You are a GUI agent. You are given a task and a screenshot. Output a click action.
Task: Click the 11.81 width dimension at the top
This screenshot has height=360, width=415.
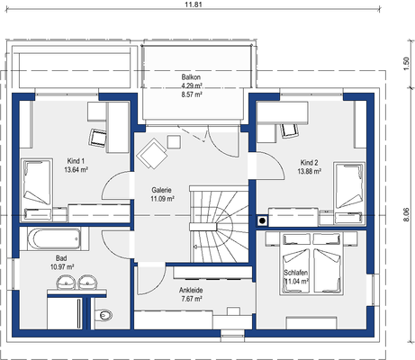(x=194, y=4)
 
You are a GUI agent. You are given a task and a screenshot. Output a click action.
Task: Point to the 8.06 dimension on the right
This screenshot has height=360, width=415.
(x=406, y=214)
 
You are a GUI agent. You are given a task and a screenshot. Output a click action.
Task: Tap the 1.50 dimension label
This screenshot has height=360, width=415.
(x=406, y=64)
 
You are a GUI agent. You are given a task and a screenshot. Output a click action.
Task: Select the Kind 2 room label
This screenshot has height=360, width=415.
(x=309, y=163)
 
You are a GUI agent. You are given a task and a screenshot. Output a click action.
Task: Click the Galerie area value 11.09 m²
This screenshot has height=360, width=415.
(x=162, y=199)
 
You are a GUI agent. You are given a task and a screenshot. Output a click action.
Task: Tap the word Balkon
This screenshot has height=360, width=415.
(x=191, y=77)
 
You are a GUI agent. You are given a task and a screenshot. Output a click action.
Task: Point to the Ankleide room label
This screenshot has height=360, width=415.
(x=191, y=290)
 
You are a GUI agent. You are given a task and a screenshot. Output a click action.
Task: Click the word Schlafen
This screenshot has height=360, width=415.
(x=296, y=273)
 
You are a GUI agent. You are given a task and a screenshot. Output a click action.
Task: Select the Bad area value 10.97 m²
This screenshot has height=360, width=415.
(x=62, y=266)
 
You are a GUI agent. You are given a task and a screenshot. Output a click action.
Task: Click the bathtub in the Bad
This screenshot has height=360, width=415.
(x=54, y=238)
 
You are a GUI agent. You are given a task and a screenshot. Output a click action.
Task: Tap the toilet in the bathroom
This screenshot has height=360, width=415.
(x=104, y=315)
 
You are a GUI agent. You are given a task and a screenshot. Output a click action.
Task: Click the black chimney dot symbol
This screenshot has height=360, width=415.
(x=262, y=221)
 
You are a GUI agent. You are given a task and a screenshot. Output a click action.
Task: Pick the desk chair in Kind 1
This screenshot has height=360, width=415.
(x=98, y=138)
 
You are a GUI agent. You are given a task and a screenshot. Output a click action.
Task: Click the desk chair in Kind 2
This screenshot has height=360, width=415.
(x=289, y=130)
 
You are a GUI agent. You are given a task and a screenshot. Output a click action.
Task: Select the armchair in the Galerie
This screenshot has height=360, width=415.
(x=151, y=154)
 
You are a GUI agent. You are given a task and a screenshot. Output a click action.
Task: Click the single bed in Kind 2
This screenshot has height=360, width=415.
(x=349, y=193)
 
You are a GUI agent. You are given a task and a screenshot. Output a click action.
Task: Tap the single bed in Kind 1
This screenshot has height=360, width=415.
(x=37, y=190)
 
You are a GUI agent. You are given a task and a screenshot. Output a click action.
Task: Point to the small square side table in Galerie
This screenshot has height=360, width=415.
(x=174, y=142)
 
